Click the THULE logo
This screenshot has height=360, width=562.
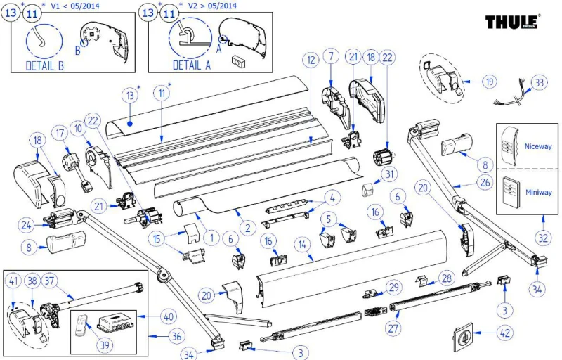tap(512, 22)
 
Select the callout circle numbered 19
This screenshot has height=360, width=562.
tap(488, 82)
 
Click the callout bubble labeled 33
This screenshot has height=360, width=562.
tap(538, 82)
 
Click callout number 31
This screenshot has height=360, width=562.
tap(389, 174)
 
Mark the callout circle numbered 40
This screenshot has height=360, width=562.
tap(168, 317)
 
